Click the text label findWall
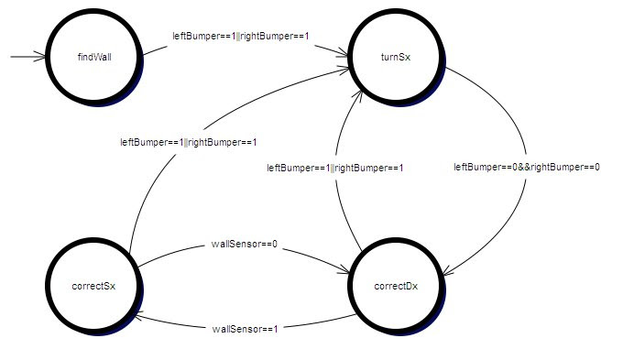[94, 57]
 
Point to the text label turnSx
[396, 57]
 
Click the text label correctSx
[93, 287]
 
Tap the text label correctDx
[396, 287]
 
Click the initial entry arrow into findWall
[27, 57]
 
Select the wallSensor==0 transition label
[244, 244]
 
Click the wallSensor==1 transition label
[245, 329]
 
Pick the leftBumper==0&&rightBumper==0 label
[527, 168]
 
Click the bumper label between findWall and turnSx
[241, 36]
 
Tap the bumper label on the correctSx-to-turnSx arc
[189, 142]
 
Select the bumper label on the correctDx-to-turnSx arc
[335, 168]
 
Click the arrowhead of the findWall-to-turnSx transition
[343, 52]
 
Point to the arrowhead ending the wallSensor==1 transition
[141, 316]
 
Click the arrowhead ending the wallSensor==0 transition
[344, 270]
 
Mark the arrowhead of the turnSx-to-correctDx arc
[447, 271]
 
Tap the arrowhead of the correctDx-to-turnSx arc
[359, 96]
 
